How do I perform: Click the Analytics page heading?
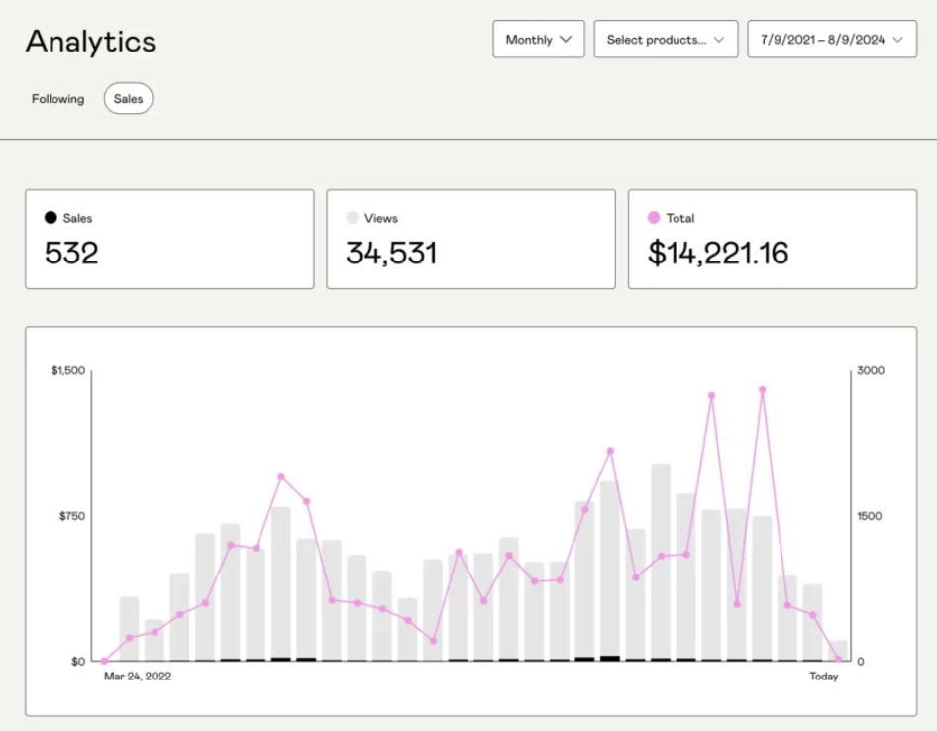pyautogui.click(x=90, y=42)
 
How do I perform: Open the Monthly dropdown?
pyautogui.click(x=539, y=40)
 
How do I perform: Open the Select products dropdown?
pyautogui.click(x=666, y=40)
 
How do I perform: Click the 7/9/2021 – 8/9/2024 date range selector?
pyautogui.click(x=831, y=40)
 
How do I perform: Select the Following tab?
pyautogui.click(x=57, y=99)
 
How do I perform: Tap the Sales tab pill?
pyautogui.click(x=128, y=99)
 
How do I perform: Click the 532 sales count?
pyautogui.click(x=71, y=254)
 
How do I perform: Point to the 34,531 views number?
pyautogui.click(x=391, y=254)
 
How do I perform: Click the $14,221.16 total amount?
pyautogui.click(x=718, y=254)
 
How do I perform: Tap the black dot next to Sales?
pyautogui.click(x=51, y=218)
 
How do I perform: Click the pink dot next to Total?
pyautogui.click(x=654, y=218)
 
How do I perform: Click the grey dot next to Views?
pyautogui.click(x=352, y=218)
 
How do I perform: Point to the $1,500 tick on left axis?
pyautogui.click(x=68, y=370)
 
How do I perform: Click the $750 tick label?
pyautogui.click(x=72, y=516)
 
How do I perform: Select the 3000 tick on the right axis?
pyautogui.click(x=871, y=370)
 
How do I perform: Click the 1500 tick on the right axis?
pyautogui.click(x=869, y=516)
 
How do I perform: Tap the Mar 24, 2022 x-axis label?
pyautogui.click(x=138, y=677)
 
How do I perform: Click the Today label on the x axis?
pyautogui.click(x=823, y=677)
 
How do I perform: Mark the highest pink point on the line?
pyautogui.click(x=762, y=390)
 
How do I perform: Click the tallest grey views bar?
pyautogui.click(x=661, y=560)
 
